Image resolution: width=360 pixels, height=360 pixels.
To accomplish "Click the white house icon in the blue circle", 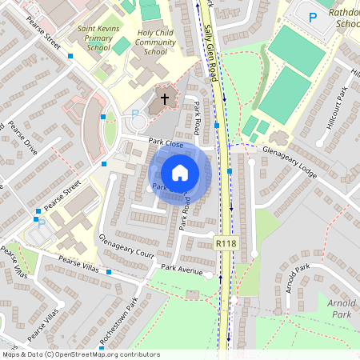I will (180, 173).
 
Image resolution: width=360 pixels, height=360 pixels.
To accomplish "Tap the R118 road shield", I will (226, 242).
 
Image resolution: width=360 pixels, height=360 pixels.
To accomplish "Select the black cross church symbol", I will (165, 99).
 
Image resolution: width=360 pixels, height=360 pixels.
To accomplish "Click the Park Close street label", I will (166, 144).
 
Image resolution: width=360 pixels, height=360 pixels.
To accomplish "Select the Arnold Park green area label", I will (342, 309).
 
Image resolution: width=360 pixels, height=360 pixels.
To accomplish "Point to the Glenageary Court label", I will (126, 247).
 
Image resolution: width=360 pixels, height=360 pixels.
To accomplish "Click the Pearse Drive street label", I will (23, 138).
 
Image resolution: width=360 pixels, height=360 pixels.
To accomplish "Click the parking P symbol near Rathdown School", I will (313, 16).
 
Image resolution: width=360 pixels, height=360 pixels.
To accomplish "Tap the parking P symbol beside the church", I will (134, 114).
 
